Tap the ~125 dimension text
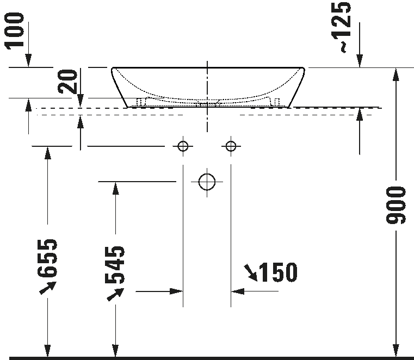[x=344, y=27]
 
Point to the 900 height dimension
[x=397, y=205]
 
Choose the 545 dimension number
[x=115, y=265]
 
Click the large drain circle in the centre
[x=207, y=181]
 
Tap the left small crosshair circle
[x=182, y=146]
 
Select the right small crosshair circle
[x=231, y=146]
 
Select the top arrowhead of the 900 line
[x=396, y=75]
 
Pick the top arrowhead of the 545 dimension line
[x=115, y=188]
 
